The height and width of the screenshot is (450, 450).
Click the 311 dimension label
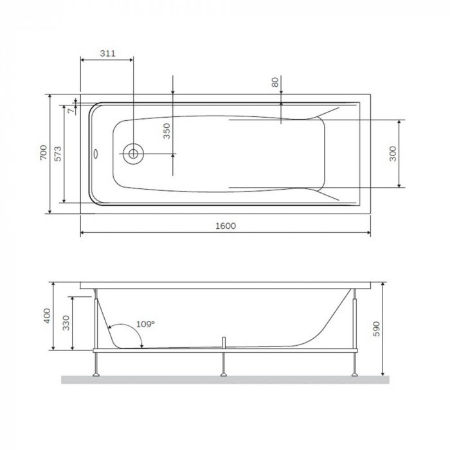pos(108,54)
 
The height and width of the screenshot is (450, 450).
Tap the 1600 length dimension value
pos(226,226)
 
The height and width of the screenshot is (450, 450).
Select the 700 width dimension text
pos(43,153)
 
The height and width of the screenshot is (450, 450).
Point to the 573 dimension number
pos(58,153)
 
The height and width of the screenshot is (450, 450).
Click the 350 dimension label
pos(166,131)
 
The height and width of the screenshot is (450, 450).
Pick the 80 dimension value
pos(275,82)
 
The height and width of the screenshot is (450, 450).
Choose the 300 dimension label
pos(393,154)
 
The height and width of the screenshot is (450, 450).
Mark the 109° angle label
pos(146,325)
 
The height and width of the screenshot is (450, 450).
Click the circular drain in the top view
pos(134,154)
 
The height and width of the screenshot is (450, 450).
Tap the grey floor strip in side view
pos(225,379)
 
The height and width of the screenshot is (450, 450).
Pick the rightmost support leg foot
pos(353,372)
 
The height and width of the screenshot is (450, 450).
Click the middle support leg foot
pos(223,372)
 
